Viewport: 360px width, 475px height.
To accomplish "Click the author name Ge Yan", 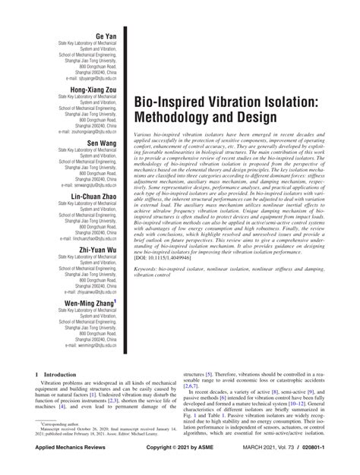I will pos(105,37).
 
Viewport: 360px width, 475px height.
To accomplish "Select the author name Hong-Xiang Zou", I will pos(93,90).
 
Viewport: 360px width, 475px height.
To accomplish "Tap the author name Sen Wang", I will pos(101,143).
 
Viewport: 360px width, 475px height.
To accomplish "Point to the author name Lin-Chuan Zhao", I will pos(91,195).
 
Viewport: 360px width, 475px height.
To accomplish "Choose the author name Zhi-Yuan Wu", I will pos(96,247).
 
